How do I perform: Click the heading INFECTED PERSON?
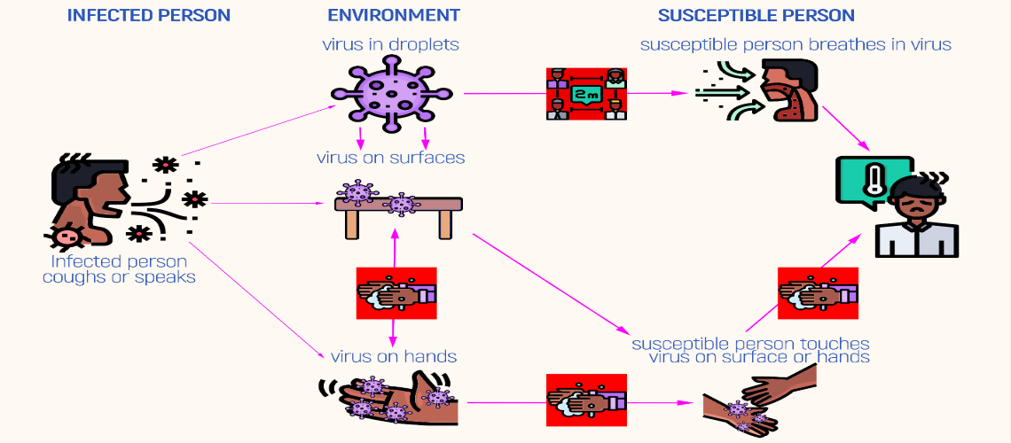click(x=149, y=15)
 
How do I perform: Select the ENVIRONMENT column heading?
click(x=393, y=15)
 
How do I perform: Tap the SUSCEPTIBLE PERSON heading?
click(x=756, y=15)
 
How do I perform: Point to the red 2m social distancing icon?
click(x=585, y=93)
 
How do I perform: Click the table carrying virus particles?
click(x=398, y=212)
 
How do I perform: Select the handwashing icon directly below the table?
click(x=395, y=292)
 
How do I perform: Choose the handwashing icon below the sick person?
click(x=817, y=292)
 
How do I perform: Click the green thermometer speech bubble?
click(x=874, y=182)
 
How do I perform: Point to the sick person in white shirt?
click(x=916, y=217)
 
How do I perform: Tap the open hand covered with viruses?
click(x=390, y=399)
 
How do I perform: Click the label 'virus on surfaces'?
click(x=390, y=159)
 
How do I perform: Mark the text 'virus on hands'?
click(x=393, y=357)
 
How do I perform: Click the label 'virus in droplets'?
click(x=390, y=43)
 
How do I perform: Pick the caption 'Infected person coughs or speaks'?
click(x=119, y=269)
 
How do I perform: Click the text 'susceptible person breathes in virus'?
click(x=795, y=44)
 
